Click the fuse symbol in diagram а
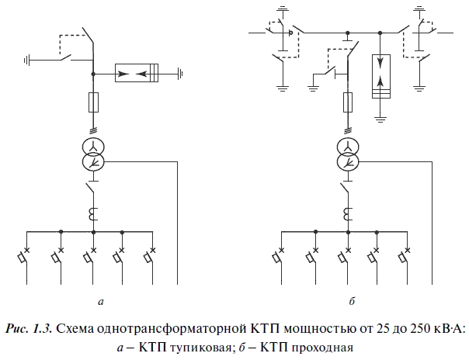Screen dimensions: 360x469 pos(93,100)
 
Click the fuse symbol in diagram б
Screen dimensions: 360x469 pos(349,100)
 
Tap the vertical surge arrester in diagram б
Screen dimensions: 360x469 pos(380,76)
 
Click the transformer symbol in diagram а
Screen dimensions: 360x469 pos(93,154)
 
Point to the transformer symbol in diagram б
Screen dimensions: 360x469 pos(349,154)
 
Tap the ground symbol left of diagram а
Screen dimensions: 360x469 pos(28,59)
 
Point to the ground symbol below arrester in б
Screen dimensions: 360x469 pos(380,117)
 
